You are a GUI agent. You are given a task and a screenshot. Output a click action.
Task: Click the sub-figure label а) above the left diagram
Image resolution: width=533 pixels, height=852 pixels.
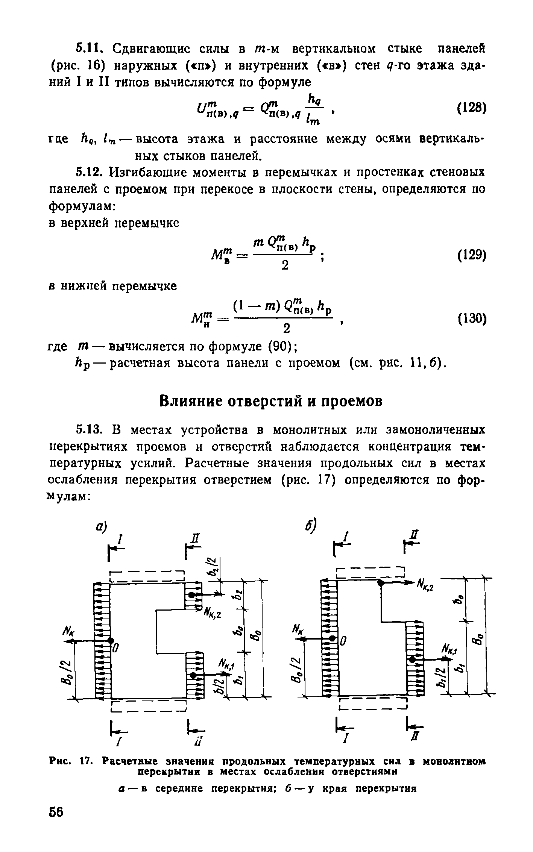pos(101,528)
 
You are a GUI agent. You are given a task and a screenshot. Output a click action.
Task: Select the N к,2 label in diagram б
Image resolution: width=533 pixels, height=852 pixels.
pos(425,585)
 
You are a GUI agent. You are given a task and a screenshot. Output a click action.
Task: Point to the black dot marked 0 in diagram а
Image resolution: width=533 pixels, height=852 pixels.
pos(110,640)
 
